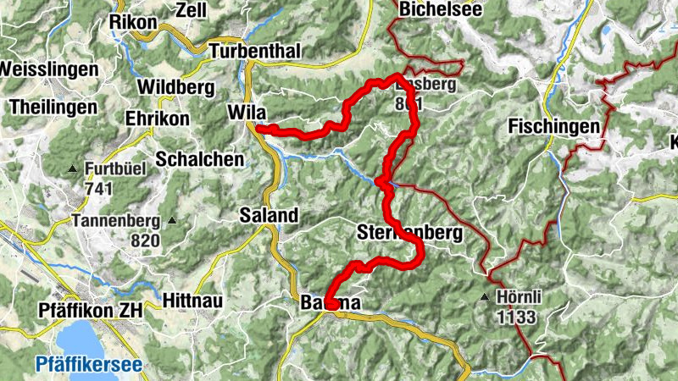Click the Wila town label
pyautogui.click(x=247, y=112)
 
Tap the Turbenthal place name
pyautogui.click(x=255, y=51)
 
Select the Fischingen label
pyautogui.click(x=555, y=127)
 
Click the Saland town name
pyautogui.click(x=269, y=215)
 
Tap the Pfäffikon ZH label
pyautogui.click(x=91, y=311)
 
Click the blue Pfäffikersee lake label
pyautogui.click(x=87, y=366)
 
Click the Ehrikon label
pyautogui.click(x=157, y=119)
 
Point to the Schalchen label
pyautogui.click(x=199, y=159)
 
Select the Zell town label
pyautogui.click(x=190, y=10)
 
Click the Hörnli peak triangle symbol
pyautogui.click(x=485, y=297)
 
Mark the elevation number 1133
pyautogui.click(x=519, y=317)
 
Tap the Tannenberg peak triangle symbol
pyautogui.click(x=173, y=221)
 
